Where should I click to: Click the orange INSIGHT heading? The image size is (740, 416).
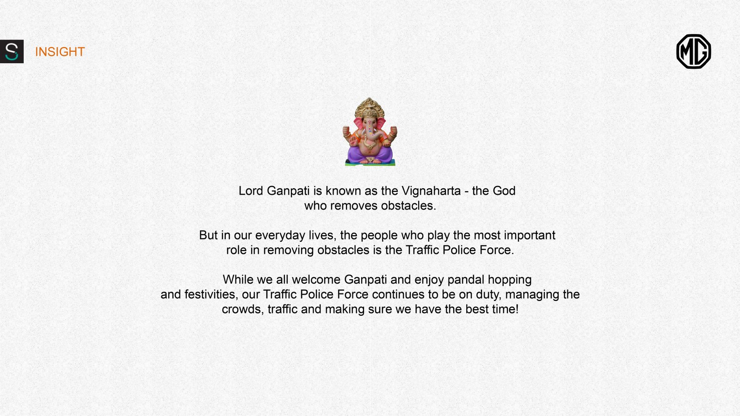60,52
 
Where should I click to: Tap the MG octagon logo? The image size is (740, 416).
693,51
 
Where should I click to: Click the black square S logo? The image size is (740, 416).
12,51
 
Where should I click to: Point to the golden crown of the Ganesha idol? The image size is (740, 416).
370,108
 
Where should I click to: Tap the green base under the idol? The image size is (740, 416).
370,163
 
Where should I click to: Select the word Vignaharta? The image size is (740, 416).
431,191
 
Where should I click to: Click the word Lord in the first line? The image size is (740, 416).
251,191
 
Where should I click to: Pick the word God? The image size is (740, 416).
504,191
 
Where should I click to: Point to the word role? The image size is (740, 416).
236,250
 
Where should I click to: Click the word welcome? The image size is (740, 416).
316,280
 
